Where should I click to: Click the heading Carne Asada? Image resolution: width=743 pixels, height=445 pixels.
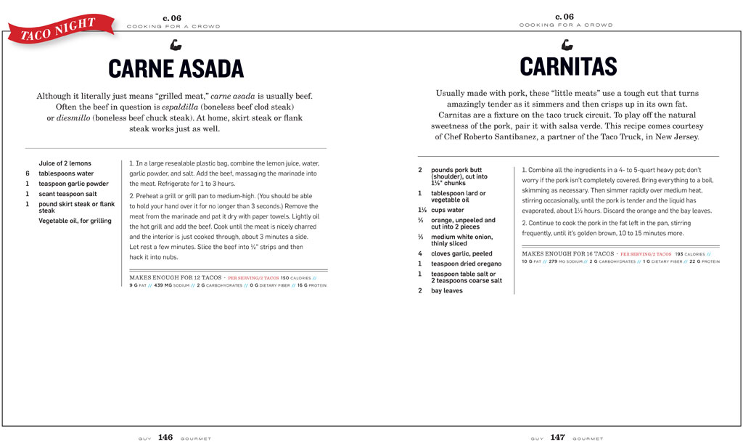[176, 69]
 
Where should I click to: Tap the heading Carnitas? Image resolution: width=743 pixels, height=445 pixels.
[568, 67]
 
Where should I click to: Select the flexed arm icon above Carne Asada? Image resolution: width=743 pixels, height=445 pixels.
[176, 45]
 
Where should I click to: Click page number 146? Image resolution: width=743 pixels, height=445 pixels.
[165, 438]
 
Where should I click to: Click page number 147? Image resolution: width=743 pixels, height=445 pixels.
[557, 438]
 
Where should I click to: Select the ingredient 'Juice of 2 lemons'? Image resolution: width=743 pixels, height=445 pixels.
[65, 163]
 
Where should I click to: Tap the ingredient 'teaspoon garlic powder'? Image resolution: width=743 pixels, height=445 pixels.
[73, 184]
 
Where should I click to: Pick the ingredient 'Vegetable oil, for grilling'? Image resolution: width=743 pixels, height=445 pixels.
[75, 221]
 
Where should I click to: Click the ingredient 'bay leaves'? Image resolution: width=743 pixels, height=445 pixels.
[447, 290]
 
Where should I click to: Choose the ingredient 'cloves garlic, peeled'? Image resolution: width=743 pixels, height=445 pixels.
[461, 254]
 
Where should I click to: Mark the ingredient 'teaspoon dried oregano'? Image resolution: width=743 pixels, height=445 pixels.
[466, 264]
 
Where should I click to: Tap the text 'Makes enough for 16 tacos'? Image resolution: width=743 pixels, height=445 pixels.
[567, 254]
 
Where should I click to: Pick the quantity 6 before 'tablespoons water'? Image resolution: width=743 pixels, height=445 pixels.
[28, 173]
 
